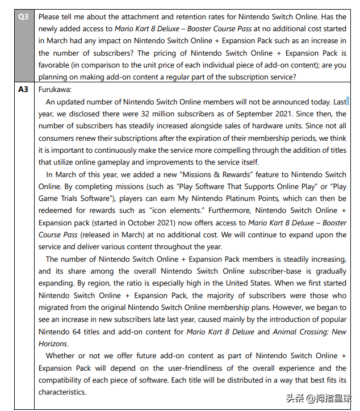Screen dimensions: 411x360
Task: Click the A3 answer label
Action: click(23, 90)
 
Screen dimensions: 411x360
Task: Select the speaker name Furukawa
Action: click(55, 90)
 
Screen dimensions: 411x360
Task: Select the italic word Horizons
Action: click(53, 343)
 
